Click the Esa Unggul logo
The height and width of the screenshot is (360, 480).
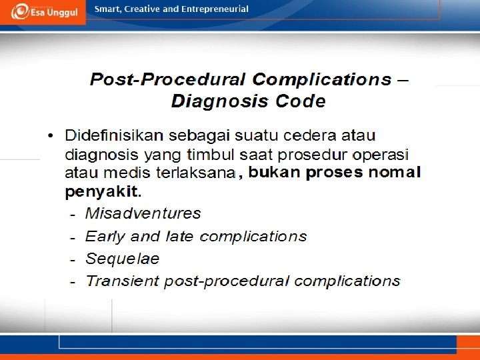pos(44,11)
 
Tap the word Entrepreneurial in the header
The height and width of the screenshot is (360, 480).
pos(215,9)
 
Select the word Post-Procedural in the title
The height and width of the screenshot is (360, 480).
pos(168,79)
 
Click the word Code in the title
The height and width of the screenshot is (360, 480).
pos(300,101)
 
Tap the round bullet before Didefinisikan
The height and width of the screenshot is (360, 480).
pos(51,135)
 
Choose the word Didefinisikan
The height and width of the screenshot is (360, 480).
pos(114,135)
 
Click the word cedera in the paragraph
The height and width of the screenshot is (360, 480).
pos(310,135)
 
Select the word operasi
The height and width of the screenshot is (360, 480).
pos(380,155)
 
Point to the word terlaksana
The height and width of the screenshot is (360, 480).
pos(196,173)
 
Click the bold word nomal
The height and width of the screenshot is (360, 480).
pos(395,172)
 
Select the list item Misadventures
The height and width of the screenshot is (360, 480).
pos(143,213)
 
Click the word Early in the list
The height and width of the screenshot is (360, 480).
pos(105,236)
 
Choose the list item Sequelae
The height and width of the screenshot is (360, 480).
pos(122,259)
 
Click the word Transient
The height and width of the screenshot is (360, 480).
pos(123,281)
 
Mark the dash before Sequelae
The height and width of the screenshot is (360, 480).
pos(73,261)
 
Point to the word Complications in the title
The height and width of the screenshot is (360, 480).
pos(322,79)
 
